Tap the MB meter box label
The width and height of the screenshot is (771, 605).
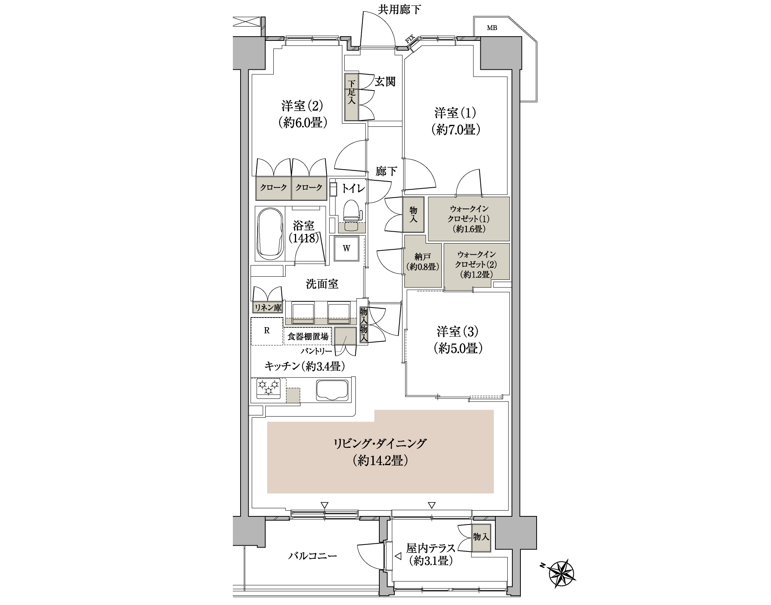point(492,28)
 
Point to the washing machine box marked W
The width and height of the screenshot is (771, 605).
point(347,248)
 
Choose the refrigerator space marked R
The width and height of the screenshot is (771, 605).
point(266,331)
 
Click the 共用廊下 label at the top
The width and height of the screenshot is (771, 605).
point(399,9)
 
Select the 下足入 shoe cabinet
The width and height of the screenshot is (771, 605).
point(352,97)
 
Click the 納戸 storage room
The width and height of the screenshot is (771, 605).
point(423,261)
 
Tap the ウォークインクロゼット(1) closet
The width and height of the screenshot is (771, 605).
point(469,219)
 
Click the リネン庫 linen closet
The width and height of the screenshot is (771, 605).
point(268,308)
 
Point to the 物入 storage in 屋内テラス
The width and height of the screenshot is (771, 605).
point(481,537)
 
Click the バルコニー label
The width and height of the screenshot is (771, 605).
point(313,556)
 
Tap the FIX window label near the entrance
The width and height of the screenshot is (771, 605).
point(409,39)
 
